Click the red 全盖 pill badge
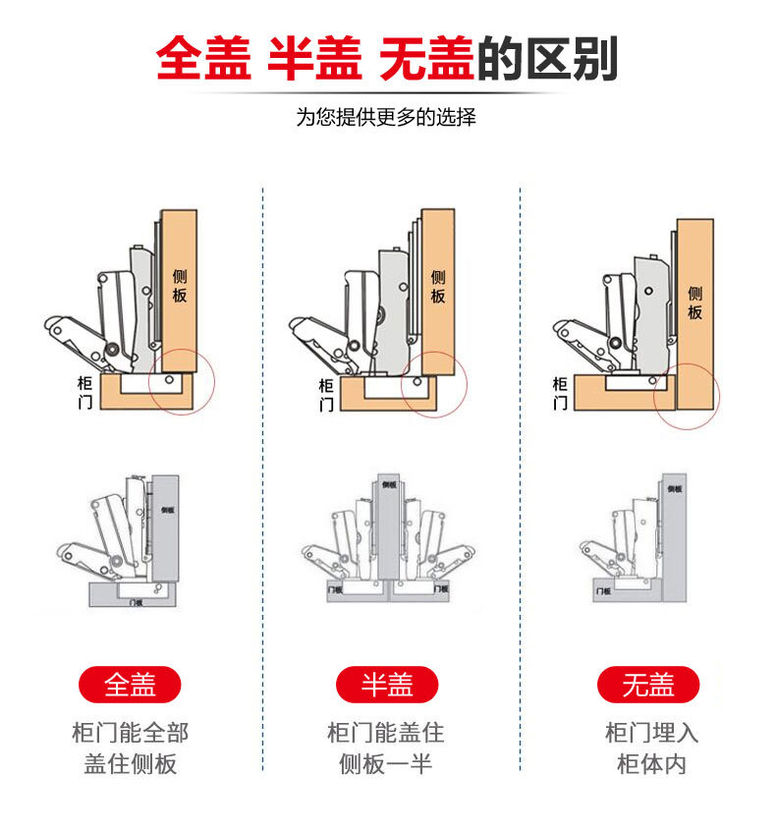(130, 684)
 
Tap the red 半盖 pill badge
(387, 684)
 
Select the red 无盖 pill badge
(647, 684)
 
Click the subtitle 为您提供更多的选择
(386, 117)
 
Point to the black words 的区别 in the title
(547, 59)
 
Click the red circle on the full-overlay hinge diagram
(182, 383)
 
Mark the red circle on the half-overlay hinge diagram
(433, 383)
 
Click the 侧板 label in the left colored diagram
(179, 284)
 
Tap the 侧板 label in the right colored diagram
(694, 302)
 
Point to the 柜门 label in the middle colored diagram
(326, 395)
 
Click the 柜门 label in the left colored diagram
(84, 391)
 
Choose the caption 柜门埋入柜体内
(651, 748)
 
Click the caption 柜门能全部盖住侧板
(130, 748)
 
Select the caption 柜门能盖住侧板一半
(386, 748)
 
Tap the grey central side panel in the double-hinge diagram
(390, 530)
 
